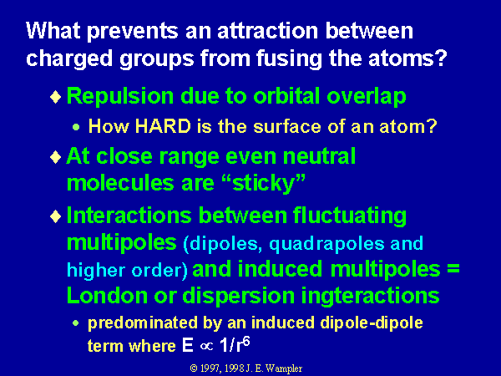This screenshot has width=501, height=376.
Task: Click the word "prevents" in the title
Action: pyautogui.click(x=132, y=32)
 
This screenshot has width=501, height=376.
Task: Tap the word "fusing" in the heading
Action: pyautogui.click(x=289, y=58)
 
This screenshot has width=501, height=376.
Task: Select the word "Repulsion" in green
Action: pyautogui.click(x=120, y=97)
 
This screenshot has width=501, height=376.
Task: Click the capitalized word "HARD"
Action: pyautogui.click(x=163, y=126)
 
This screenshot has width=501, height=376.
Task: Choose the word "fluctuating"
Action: pyautogui.click(x=350, y=216)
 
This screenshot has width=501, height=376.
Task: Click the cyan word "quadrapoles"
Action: pyautogui.click(x=326, y=245)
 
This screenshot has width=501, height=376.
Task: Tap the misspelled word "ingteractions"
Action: pyautogui.click(x=371, y=296)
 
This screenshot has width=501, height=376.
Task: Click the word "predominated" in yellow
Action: pyautogui.click(x=143, y=323)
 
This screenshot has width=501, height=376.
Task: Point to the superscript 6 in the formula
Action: pyautogui.click(x=245, y=342)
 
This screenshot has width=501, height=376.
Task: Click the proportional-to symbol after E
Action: pyautogui.click(x=206, y=347)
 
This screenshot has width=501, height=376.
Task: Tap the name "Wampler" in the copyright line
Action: pyautogui.click(x=284, y=368)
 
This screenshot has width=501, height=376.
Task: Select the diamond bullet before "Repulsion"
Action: pyautogui.click(x=56, y=97)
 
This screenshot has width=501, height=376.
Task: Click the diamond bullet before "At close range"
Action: pyautogui.click(x=56, y=157)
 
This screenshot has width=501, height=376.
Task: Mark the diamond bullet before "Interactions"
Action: pyautogui.click(x=56, y=216)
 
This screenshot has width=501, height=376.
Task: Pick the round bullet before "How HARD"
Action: pyautogui.click(x=76, y=127)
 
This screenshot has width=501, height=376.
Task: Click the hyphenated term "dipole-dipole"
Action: pyautogui.click(x=372, y=323)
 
